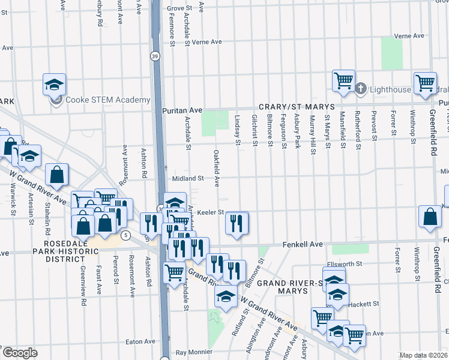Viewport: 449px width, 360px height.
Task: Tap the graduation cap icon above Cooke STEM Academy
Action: [x=54, y=85]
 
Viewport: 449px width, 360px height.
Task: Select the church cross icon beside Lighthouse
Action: [x=361, y=89]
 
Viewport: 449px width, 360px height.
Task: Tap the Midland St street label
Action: [x=188, y=178]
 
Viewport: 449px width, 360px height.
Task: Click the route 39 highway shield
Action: [x=155, y=56]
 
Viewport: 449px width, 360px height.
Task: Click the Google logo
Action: [x=20, y=353]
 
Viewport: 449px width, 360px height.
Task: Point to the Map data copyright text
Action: [x=423, y=355]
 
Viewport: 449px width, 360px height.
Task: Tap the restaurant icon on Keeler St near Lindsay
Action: [x=237, y=223]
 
